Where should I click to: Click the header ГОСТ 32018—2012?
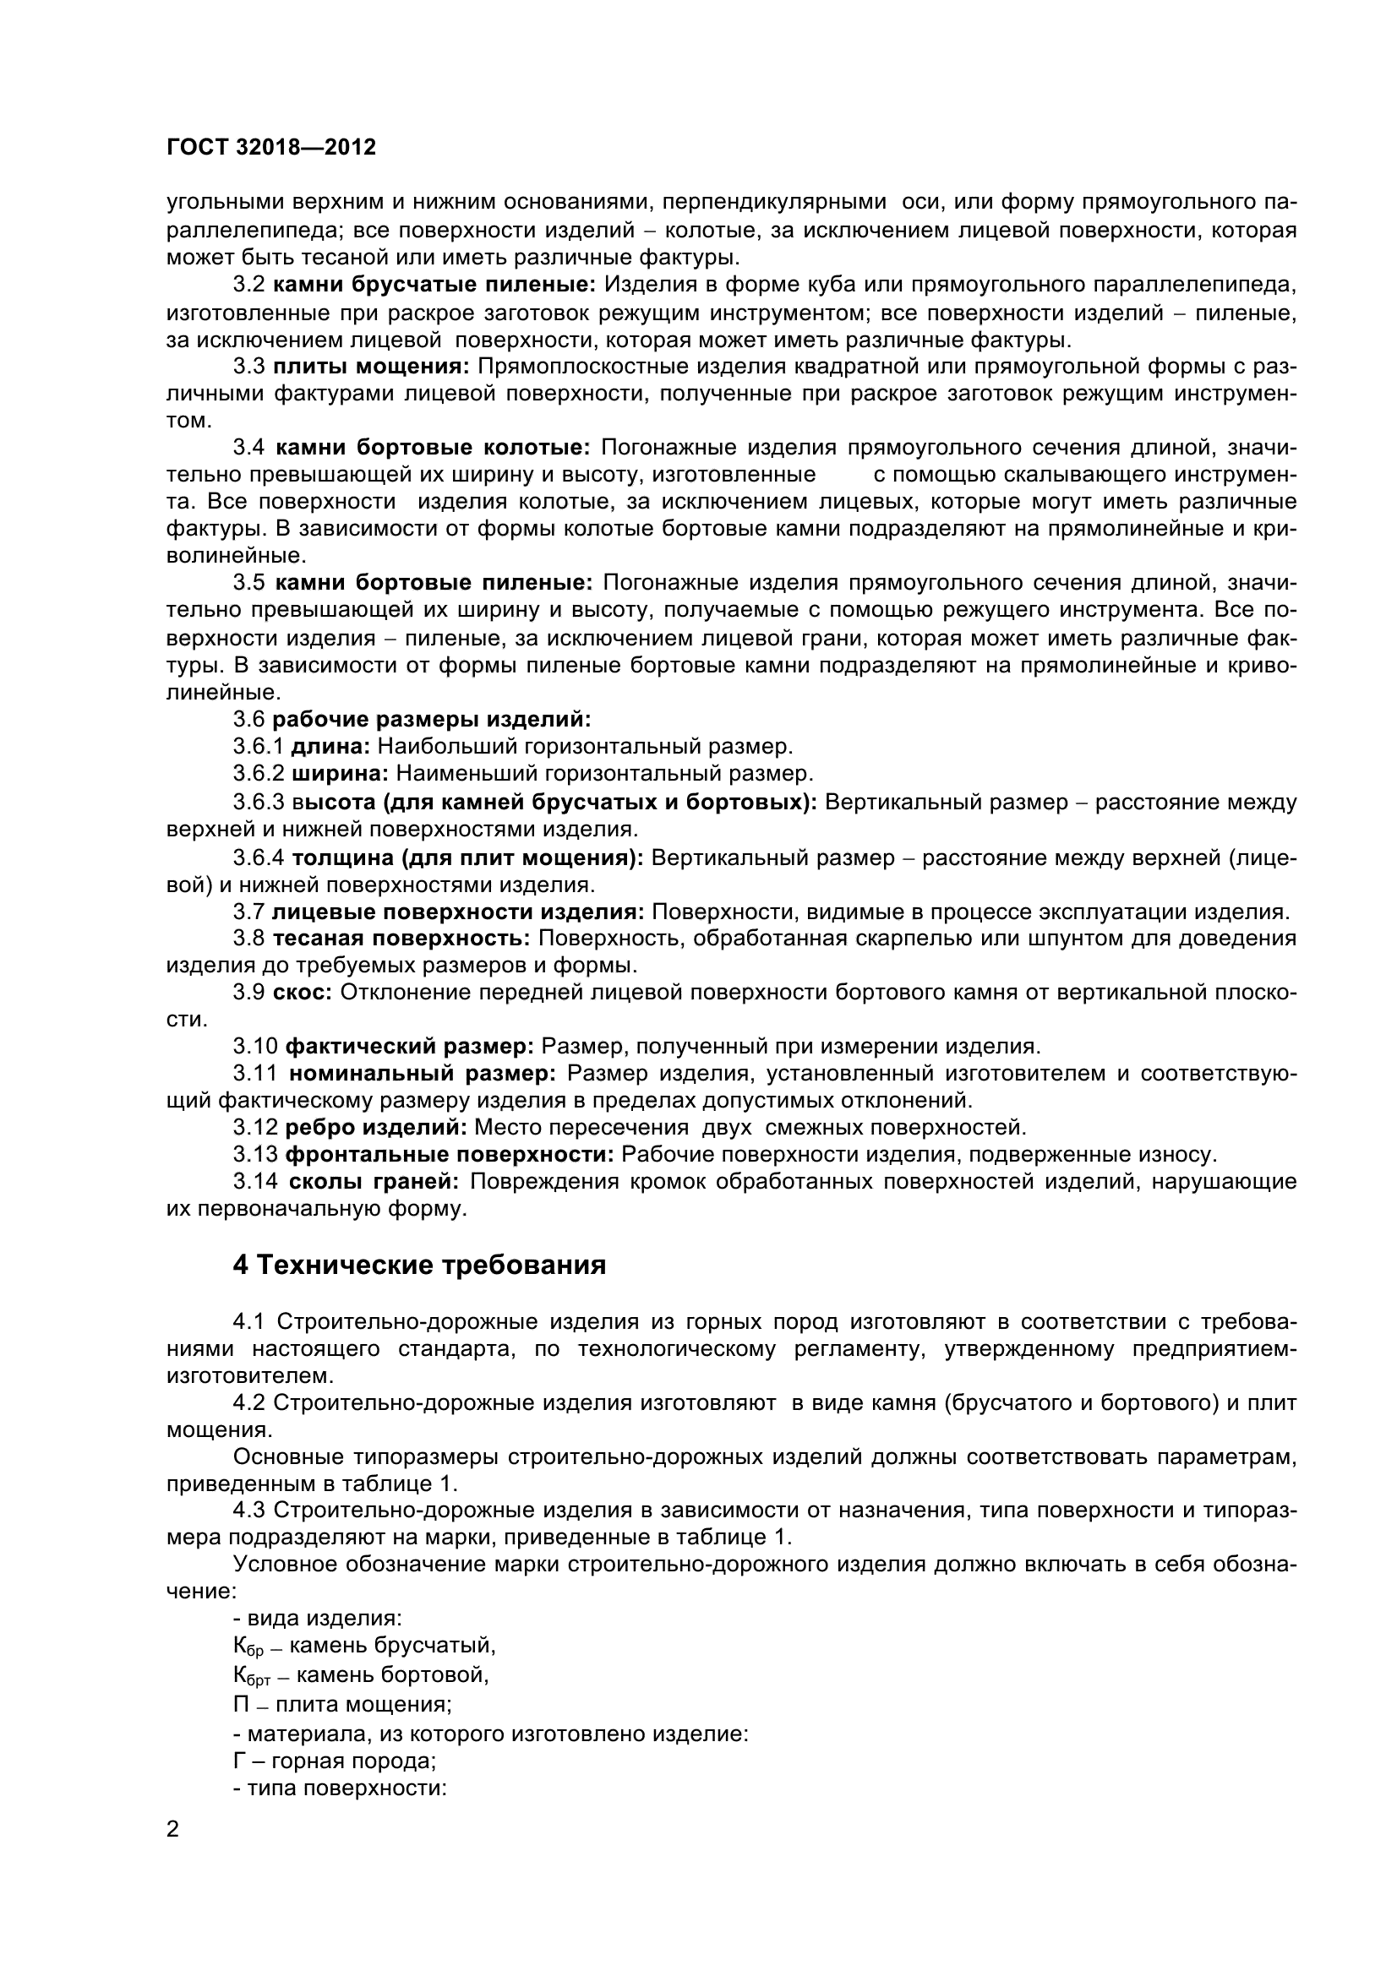click(x=270, y=147)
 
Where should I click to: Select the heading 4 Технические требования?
click(x=419, y=1266)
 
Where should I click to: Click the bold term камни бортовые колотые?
click(x=432, y=448)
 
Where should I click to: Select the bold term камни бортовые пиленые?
click(x=434, y=583)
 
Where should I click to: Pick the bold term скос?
click(x=302, y=993)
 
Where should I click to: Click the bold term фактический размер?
click(x=410, y=1047)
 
